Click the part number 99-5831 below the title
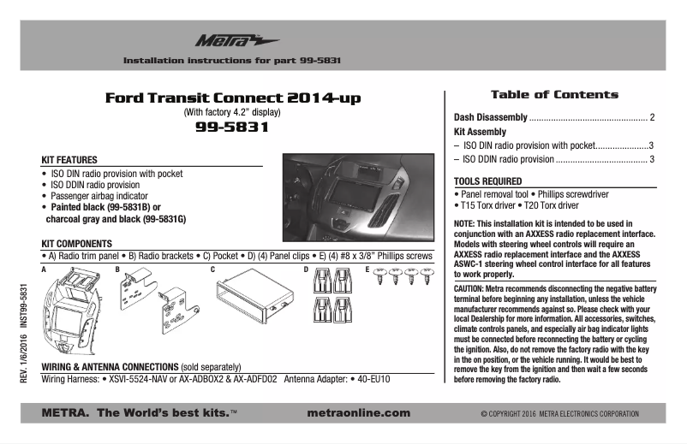(x=232, y=128)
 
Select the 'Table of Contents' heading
(x=553, y=94)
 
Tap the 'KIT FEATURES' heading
(x=69, y=160)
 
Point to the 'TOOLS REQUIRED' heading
(x=487, y=181)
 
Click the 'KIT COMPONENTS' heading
(x=77, y=244)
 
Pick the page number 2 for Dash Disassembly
(x=652, y=116)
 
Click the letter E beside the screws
(x=368, y=269)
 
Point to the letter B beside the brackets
(x=118, y=269)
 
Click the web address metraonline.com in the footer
(x=358, y=413)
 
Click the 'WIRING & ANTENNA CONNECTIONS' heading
(x=109, y=366)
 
